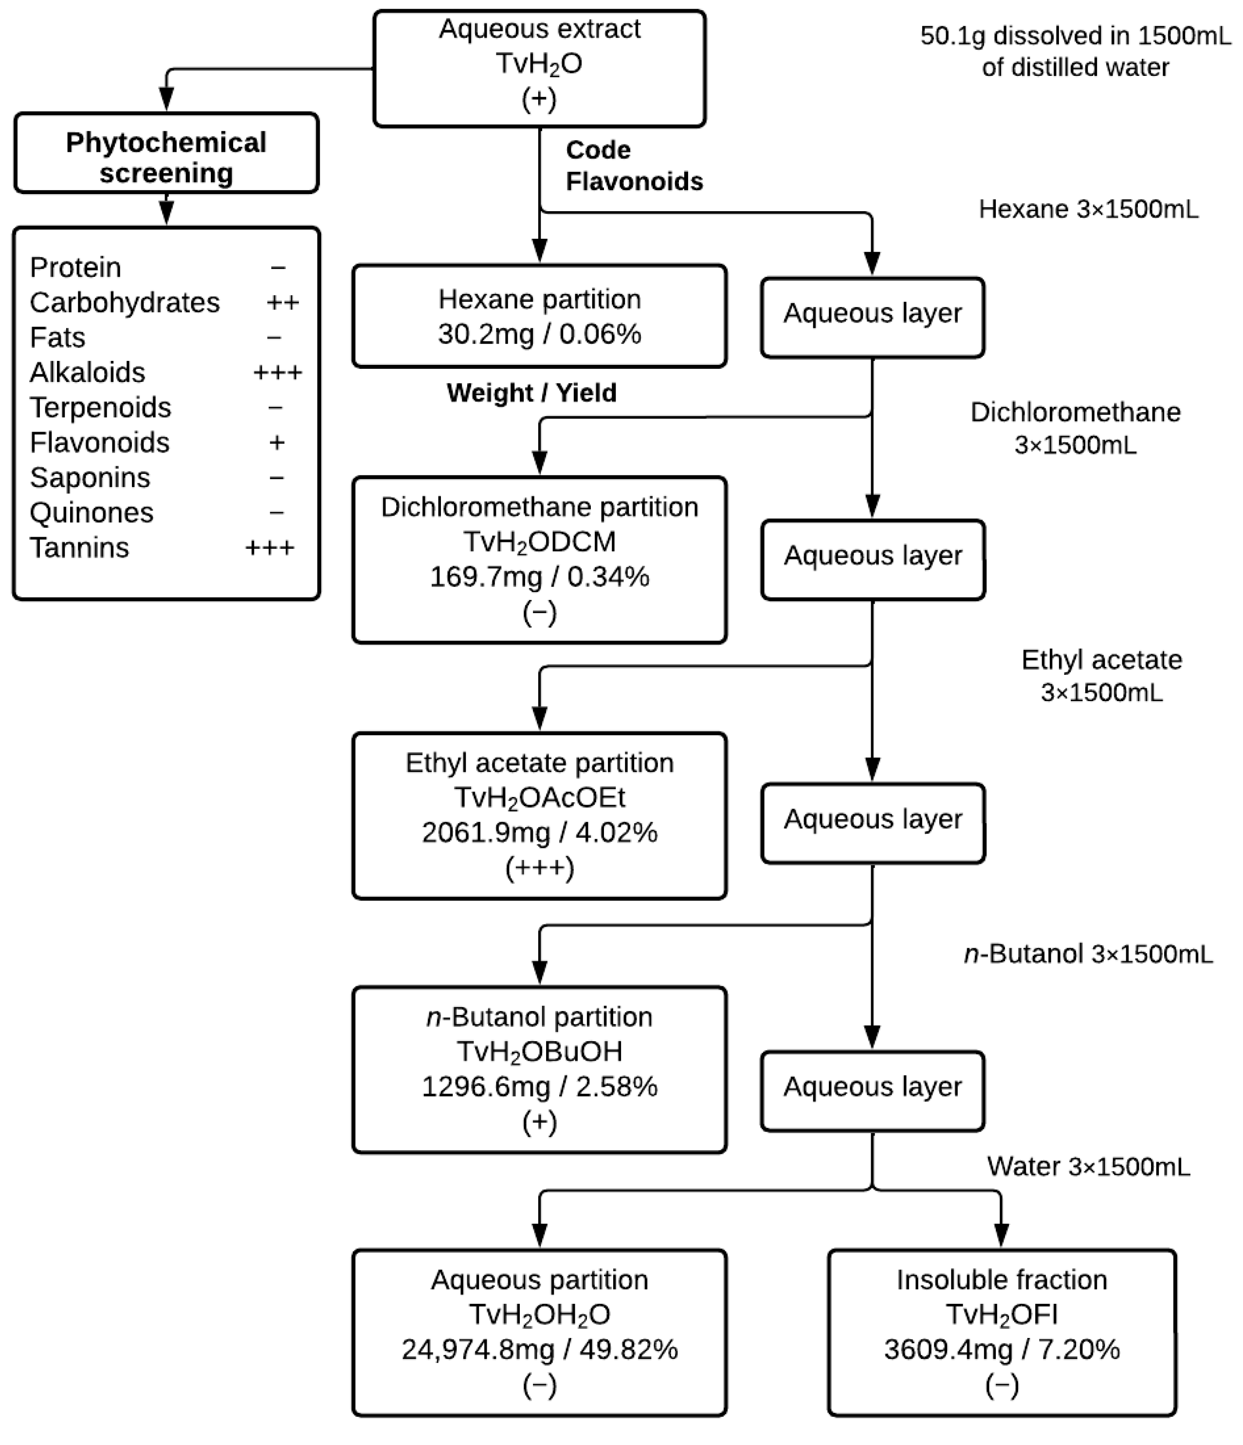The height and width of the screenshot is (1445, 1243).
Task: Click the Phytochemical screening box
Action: click(166, 153)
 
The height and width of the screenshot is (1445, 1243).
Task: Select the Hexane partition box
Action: click(539, 315)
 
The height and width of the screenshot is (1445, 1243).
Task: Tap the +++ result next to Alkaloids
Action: click(277, 372)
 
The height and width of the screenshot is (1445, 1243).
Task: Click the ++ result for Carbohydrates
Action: click(282, 303)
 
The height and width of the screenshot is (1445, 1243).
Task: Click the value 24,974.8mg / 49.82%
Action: click(539, 1350)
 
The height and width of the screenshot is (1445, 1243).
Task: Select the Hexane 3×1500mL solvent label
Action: click(1088, 209)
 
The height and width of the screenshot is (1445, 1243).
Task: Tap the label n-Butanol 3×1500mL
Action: click(1088, 954)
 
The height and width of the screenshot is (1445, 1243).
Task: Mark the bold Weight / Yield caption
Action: click(531, 393)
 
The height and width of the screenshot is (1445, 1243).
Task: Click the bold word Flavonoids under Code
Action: click(634, 181)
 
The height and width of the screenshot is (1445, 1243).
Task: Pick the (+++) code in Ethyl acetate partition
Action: click(539, 868)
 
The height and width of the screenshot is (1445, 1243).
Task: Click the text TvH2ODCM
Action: click(539, 542)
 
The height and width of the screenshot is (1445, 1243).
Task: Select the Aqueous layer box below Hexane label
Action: click(872, 317)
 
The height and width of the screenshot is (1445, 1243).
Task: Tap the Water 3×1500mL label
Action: click(1088, 1166)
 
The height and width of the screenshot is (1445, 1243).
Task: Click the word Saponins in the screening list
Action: click(90, 478)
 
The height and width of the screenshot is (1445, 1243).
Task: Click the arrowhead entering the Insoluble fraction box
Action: click(1001, 1235)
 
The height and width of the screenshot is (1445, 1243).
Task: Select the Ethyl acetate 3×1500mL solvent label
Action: click(1101, 675)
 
